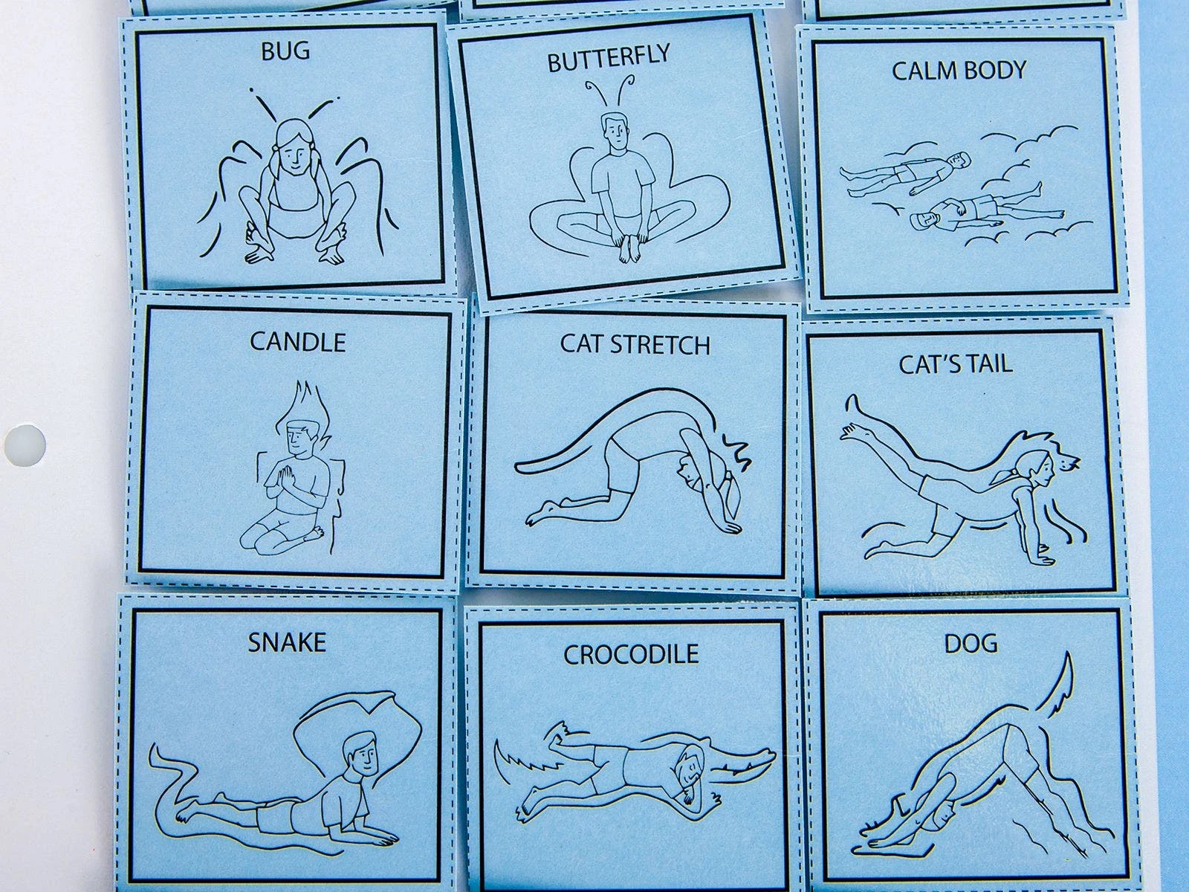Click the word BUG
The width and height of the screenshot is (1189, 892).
tap(285, 51)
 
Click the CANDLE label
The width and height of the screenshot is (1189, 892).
tap(297, 342)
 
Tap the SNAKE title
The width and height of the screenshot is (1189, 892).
tap(287, 643)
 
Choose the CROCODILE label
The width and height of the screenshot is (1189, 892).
tap(630, 654)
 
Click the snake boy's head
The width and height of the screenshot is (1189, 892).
tap(360, 754)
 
